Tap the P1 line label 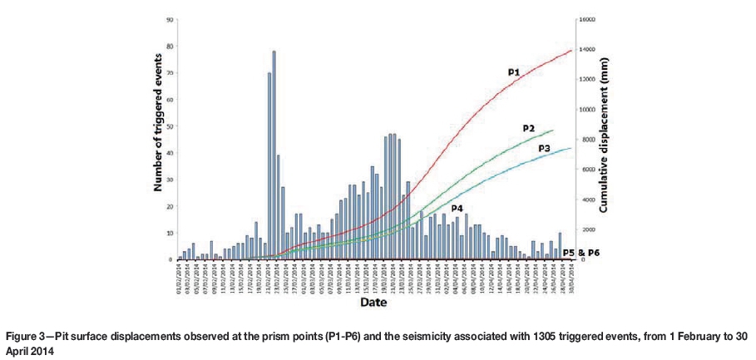tap(514, 73)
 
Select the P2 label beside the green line tap(528, 128)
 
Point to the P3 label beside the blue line tap(544, 147)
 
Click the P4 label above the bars tap(457, 207)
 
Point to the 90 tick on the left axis tap(170, 19)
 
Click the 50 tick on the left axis tap(170, 126)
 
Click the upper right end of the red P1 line tap(572, 51)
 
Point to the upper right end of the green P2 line tap(553, 130)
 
